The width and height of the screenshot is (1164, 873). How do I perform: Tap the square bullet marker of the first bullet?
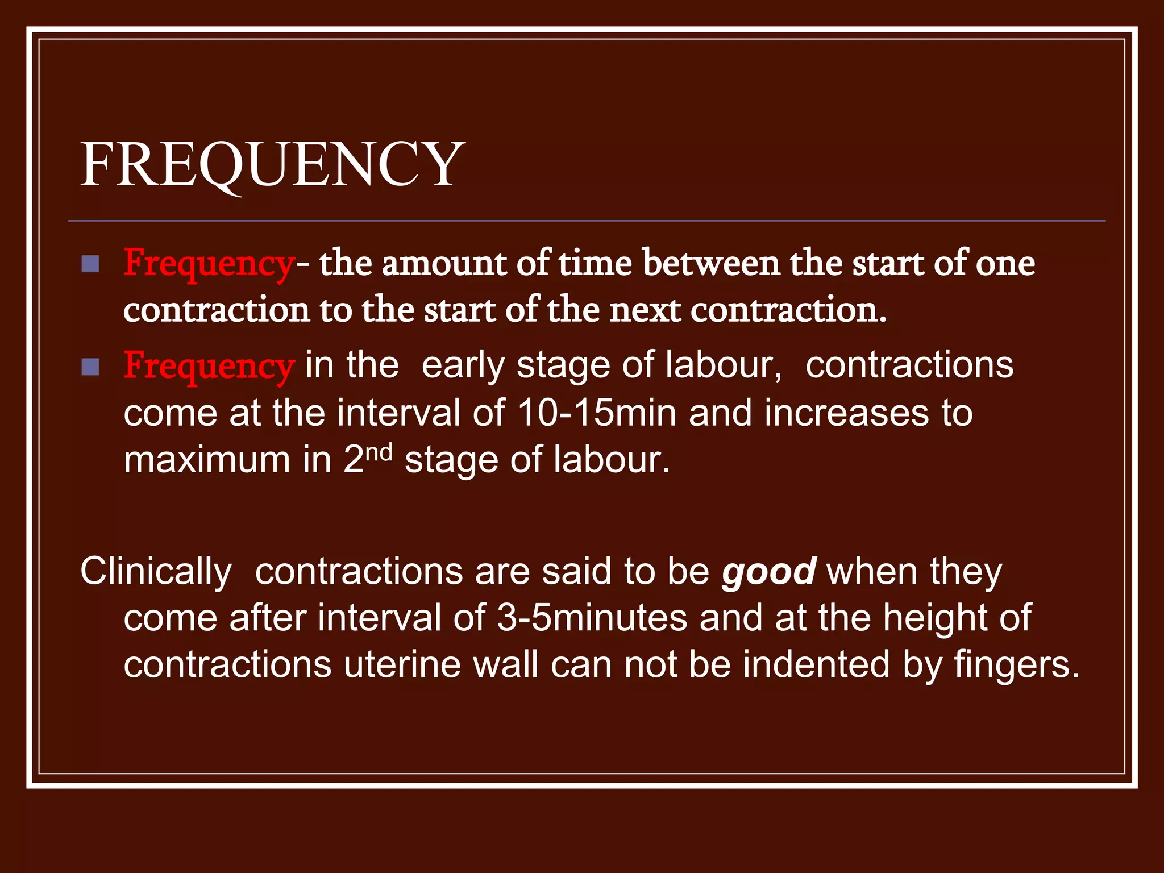point(90,264)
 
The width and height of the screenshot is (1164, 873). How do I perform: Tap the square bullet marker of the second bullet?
point(90,367)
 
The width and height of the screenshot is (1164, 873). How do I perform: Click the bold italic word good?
point(769,572)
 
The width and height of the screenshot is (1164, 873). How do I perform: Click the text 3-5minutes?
point(592,618)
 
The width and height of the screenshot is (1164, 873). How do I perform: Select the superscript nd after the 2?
point(378,454)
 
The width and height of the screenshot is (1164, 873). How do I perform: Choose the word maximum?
point(207,460)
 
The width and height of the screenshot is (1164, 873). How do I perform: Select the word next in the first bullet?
point(645,311)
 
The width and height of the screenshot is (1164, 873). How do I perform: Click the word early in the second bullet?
point(463,365)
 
